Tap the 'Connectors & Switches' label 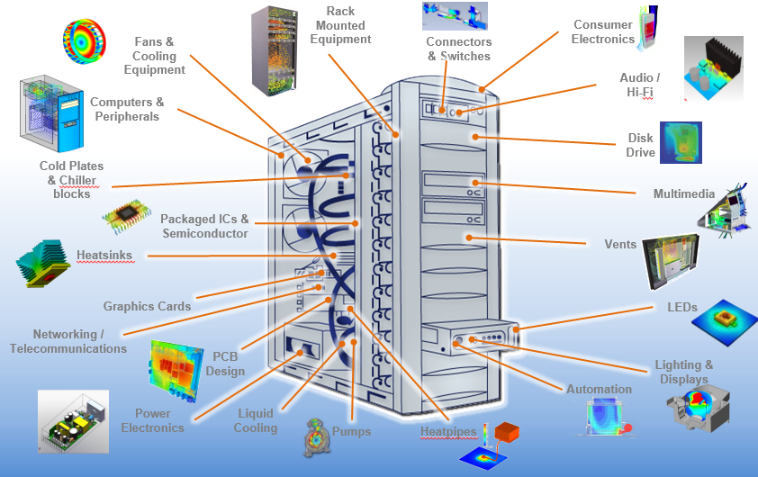[458, 49]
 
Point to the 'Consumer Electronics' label [603, 32]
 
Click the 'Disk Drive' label [640, 146]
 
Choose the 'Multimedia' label [683, 193]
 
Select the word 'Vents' [620, 244]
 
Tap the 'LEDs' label [681, 307]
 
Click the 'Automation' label [599, 390]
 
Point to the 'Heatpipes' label [447, 432]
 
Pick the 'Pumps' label [351, 432]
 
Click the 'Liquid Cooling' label [256, 421]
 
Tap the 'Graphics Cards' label [147, 306]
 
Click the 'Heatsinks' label [104, 256]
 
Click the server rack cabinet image [274, 50]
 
